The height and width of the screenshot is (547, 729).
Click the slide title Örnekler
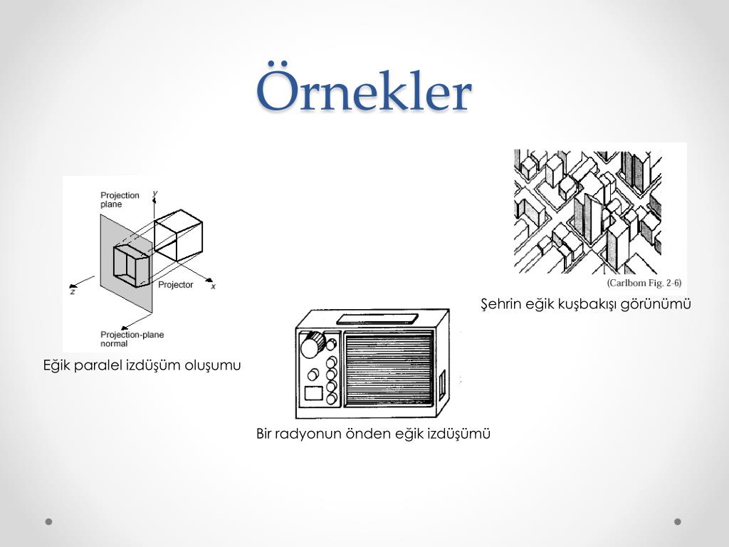tap(364, 88)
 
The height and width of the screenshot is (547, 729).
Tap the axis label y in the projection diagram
tap(155, 193)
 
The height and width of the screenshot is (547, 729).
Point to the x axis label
tap(214, 286)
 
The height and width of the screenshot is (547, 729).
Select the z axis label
tap(73, 291)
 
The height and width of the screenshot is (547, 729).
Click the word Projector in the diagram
tap(175, 285)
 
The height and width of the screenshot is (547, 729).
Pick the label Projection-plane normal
tap(132, 339)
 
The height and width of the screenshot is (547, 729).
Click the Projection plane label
tap(120, 199)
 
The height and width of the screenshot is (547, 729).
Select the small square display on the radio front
tap(314, 393)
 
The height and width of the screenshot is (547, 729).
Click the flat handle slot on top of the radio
tap(377, 319)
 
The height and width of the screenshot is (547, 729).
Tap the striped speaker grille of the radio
tap(389, 368)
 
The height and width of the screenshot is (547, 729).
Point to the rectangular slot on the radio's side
tap(442, 385)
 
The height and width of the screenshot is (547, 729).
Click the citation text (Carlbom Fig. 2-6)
tap(644, 283)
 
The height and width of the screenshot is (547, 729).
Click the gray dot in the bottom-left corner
tap(49, 521)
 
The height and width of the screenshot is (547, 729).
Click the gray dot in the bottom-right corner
tap(678, 521)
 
